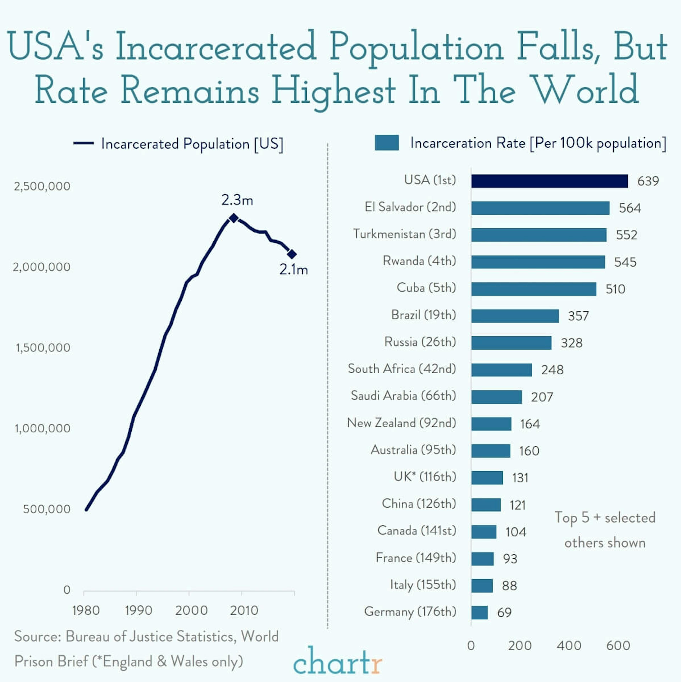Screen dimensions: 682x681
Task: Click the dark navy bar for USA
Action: (549, 181)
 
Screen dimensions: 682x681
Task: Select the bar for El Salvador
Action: (540, 208)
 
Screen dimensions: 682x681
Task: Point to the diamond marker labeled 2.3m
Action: (234, 218)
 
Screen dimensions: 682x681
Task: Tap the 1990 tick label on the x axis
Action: (138, 610)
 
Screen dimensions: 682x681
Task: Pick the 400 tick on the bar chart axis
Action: (569, 646)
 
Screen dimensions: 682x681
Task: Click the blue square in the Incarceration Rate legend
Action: (387, 143)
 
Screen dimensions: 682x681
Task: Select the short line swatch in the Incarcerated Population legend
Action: (84, 143)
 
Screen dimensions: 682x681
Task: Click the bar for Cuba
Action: (533, 289)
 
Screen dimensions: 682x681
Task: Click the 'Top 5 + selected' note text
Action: (605, 517)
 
